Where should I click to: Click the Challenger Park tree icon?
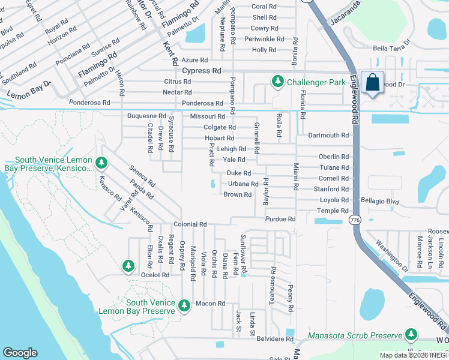click(277, 81)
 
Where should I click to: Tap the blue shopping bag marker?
click(372, 83)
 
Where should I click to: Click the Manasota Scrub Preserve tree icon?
click(411, 334)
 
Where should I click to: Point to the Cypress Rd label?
click(202, 71)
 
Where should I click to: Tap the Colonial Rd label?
click(190, 224)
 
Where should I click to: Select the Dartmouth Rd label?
click(328, 136)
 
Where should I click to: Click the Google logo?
click(20, 353)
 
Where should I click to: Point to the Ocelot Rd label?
click(155, 275)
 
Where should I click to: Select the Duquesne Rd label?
click(146, 116)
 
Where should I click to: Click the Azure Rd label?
click(194, 60)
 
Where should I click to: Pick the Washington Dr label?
click(391, 254)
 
